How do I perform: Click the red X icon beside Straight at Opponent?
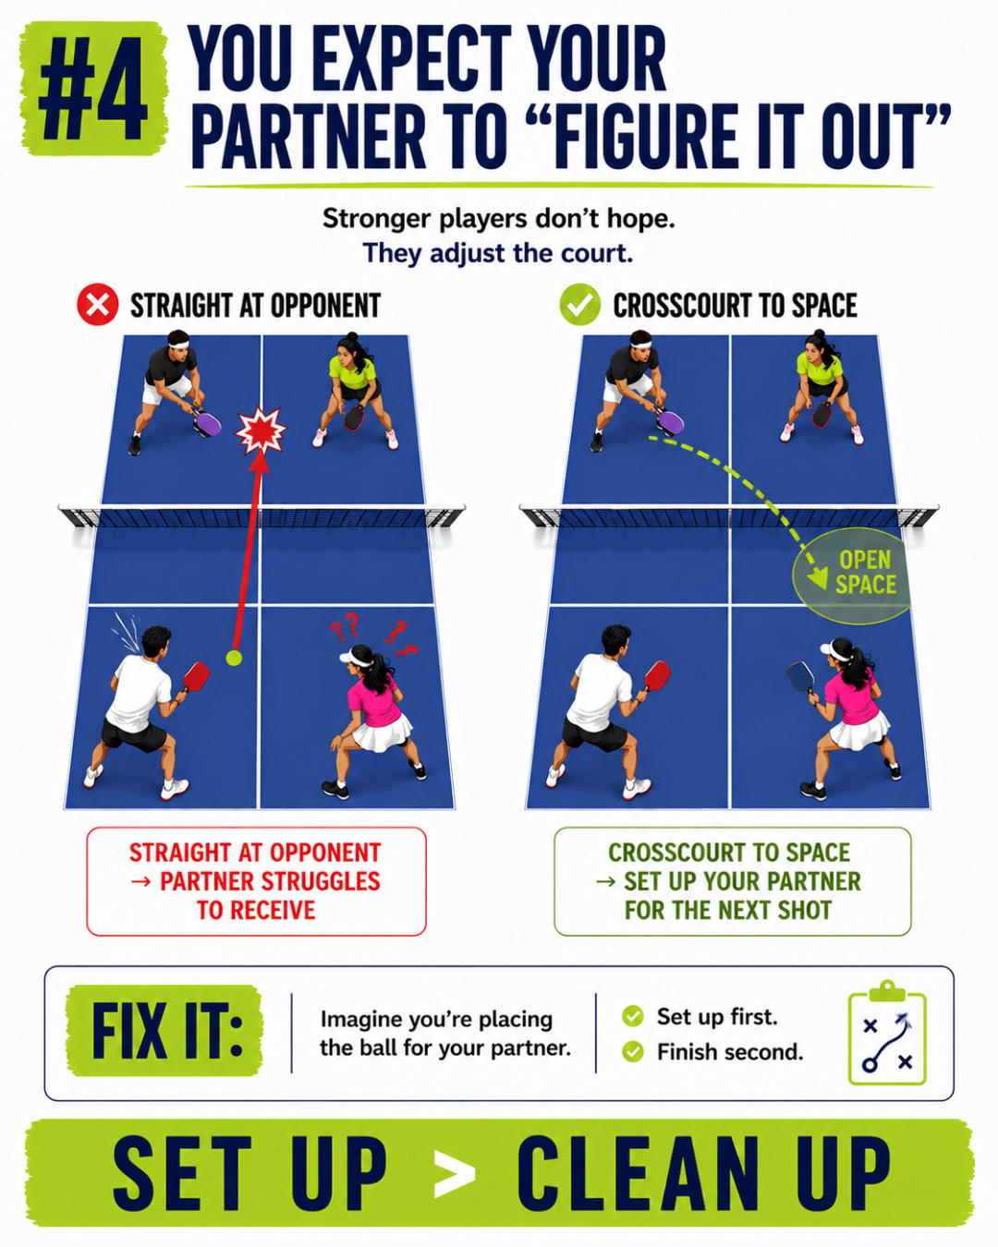97,304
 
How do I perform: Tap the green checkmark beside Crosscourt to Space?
580,304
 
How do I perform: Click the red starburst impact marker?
261,430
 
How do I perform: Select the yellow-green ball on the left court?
234,658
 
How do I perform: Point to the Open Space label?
866,572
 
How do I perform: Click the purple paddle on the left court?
207,422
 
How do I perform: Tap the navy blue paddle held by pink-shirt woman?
801,676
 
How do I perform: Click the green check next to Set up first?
633,1016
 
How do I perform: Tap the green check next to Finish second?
633,1051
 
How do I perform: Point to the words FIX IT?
167,1032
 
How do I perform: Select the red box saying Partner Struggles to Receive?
256,881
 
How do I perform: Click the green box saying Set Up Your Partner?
733,881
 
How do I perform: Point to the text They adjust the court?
497,253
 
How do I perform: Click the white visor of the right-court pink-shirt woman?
834,650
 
